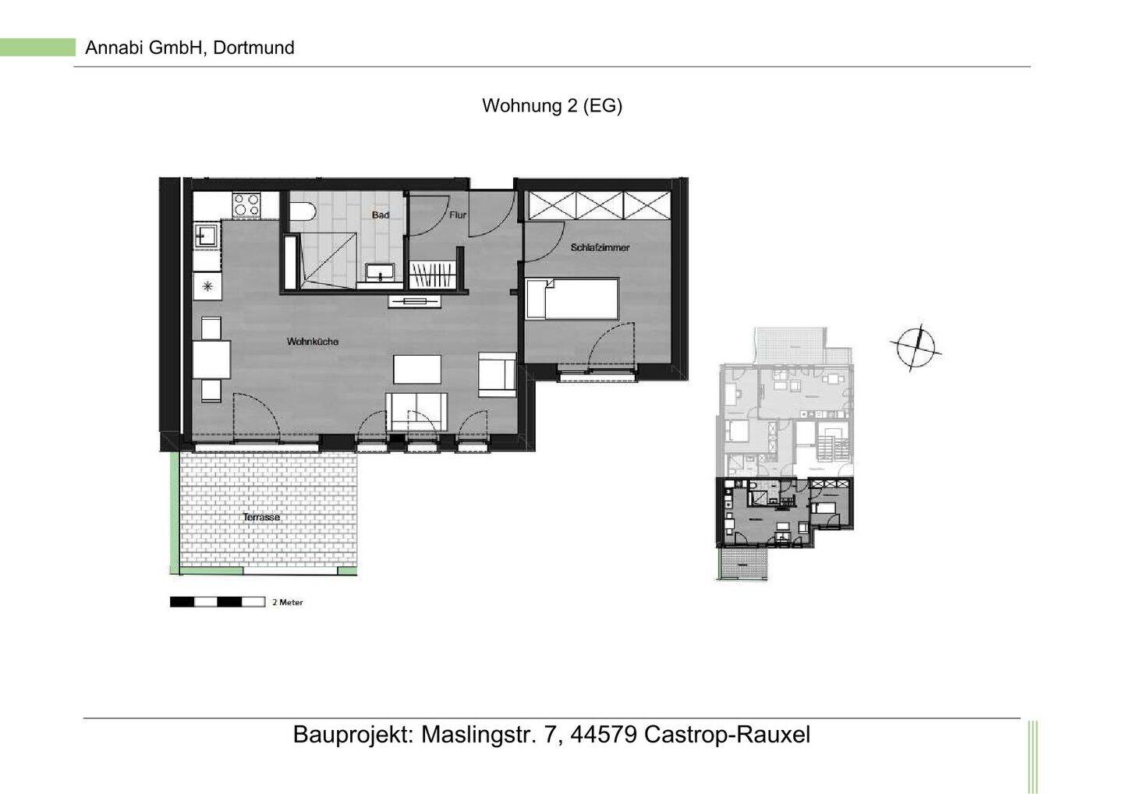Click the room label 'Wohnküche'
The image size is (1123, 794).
click(x=312, y=342)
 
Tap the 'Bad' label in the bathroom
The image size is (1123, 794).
click(x=381, y=214)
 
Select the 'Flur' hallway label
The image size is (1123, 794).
click(x=458, y=214)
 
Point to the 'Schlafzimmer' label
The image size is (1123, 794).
click(x=600, y=247)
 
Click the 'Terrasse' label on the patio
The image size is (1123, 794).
click(x=261, y=517)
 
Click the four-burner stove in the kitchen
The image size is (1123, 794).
click(x=246, y=204)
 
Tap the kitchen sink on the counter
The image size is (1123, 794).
click(x=207, y=235)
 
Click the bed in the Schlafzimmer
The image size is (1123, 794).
click(x=572, y=299)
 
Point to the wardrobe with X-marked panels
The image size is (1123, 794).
click(x=599, y=205)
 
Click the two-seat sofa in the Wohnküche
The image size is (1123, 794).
click(x=416, y=411)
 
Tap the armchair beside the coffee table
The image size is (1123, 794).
click(x=497, y=373)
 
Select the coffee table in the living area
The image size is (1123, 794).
click(x=416, y=369)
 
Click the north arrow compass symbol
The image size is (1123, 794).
click(x=916, y=347)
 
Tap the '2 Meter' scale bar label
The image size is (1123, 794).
click(x=287, y=602)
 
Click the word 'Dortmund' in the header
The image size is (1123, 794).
click(x=253, y=48)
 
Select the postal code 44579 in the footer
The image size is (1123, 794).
click(x=604, y=735)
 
